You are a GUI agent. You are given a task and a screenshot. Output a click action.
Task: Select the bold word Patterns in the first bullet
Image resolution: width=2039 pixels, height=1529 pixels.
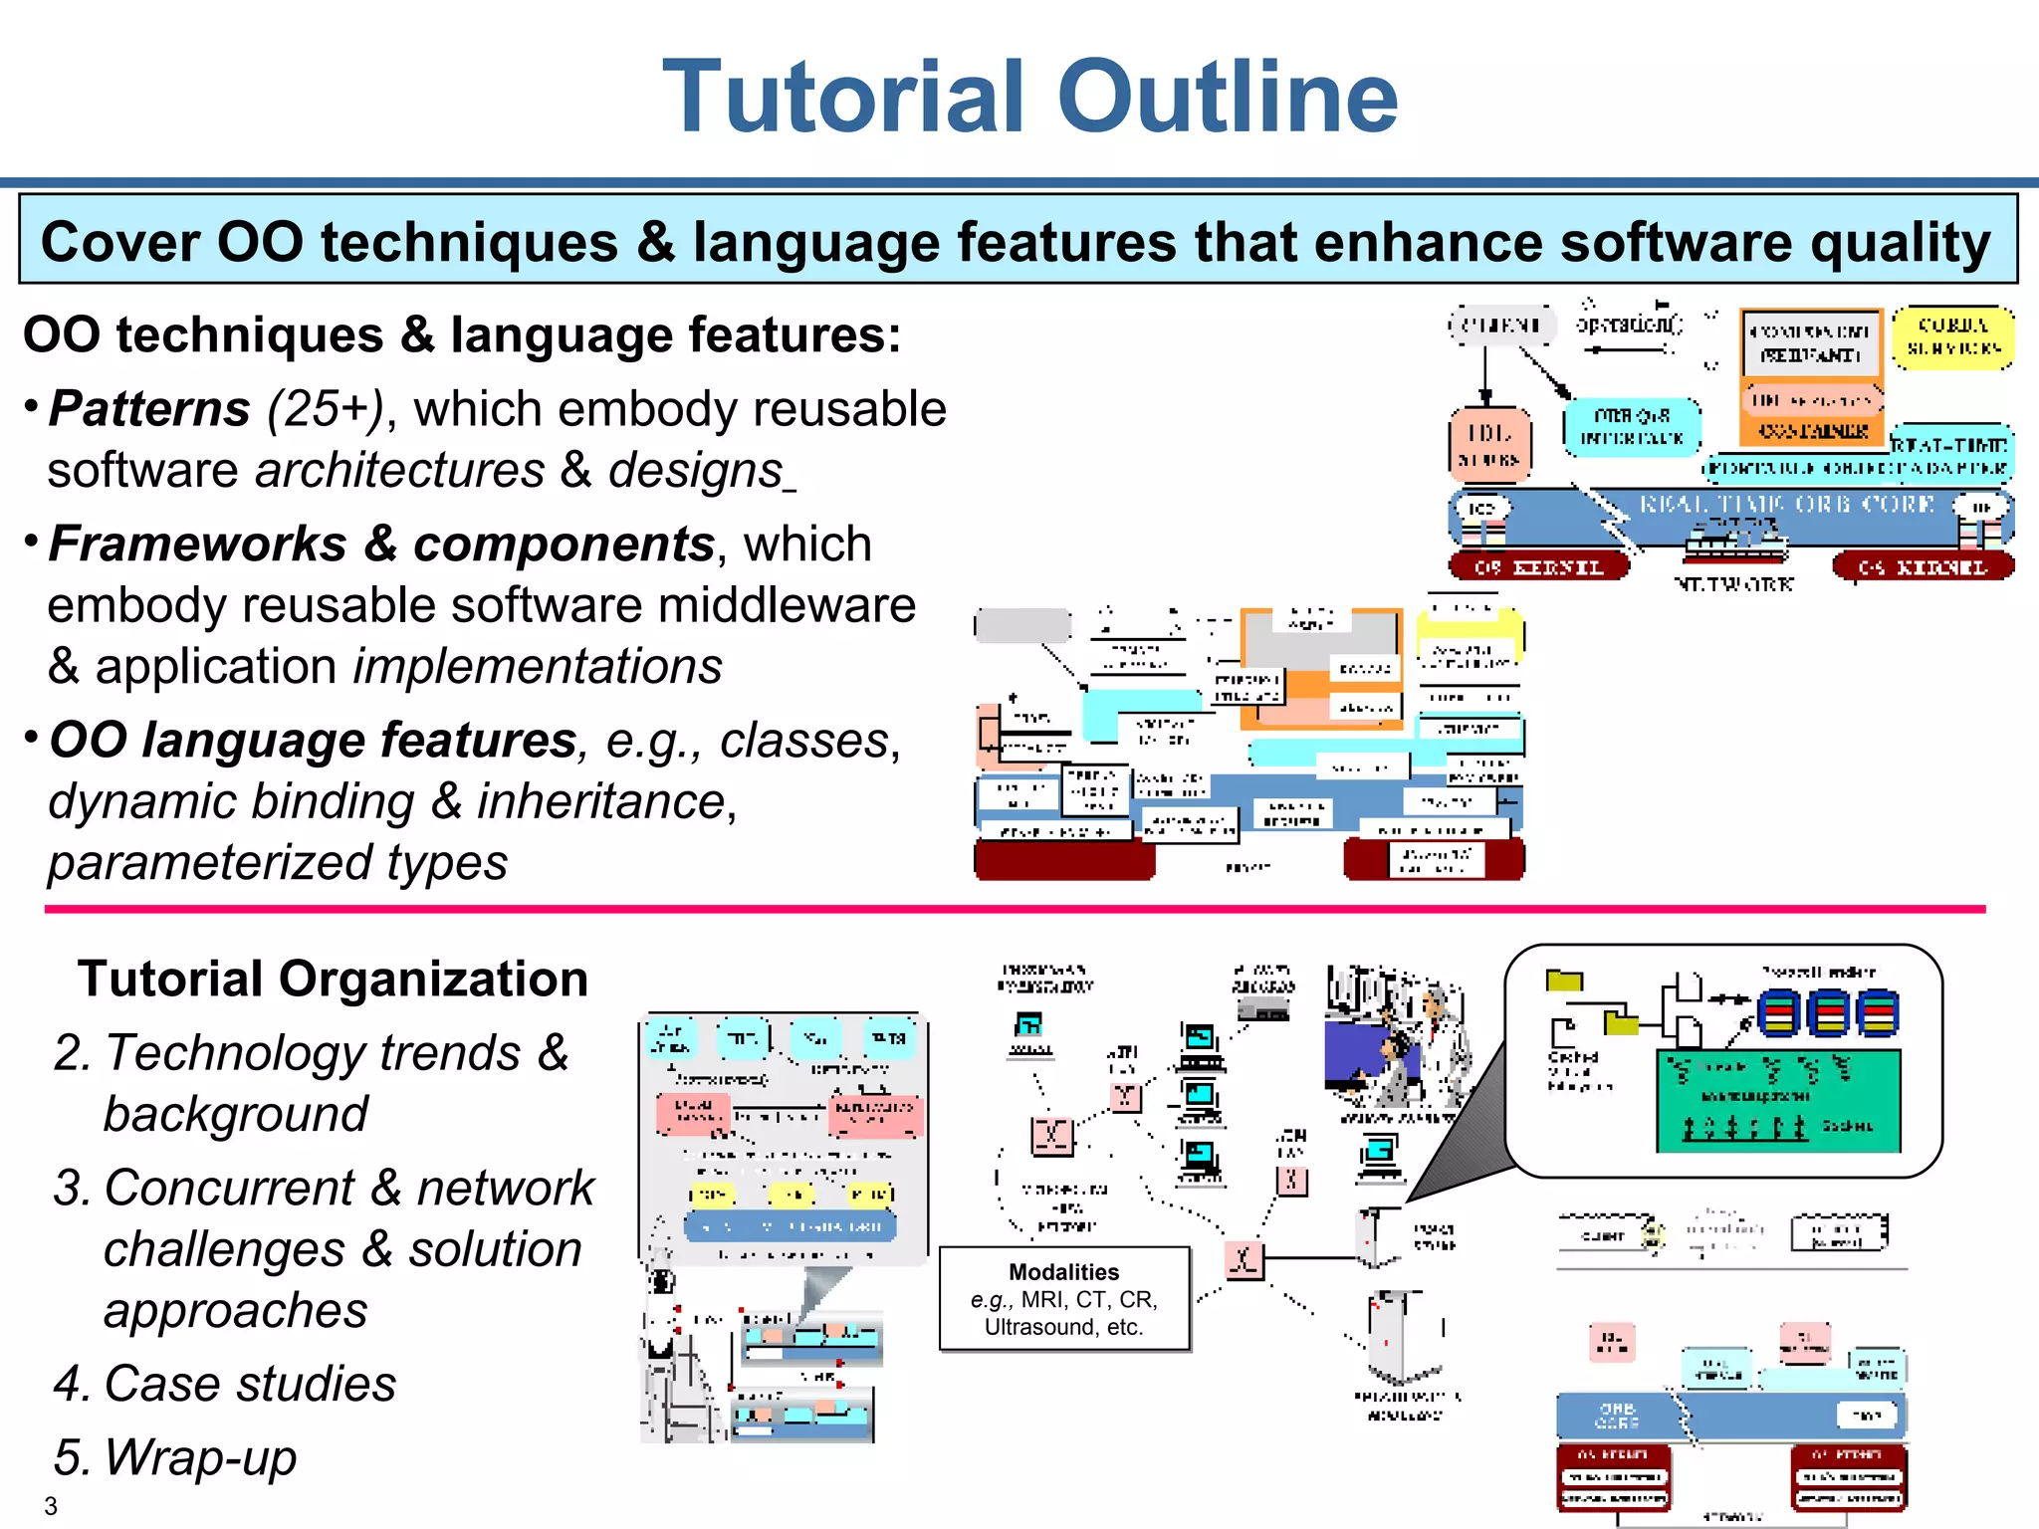click(149, 409)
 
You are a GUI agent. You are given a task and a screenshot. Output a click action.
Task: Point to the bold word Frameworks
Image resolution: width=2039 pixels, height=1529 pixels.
click(197, 545)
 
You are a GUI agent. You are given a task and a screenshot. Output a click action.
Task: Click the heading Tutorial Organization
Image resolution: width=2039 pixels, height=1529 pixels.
click(333, 979)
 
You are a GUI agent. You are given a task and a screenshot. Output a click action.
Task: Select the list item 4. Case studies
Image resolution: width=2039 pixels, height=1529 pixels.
click(225, 1384)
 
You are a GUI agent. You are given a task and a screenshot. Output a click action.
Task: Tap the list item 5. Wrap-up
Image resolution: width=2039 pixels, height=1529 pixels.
click(175, 1457)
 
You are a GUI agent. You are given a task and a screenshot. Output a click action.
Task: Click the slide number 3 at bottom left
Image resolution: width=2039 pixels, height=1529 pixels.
click(51, 1506)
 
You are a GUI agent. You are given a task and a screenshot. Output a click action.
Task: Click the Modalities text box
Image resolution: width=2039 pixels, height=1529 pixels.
click(1064, 1299)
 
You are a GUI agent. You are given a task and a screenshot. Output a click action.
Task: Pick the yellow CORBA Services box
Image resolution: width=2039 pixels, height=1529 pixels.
click(1952, 337)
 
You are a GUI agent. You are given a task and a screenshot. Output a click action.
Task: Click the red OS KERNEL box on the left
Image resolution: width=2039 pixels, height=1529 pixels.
click(1538, 567)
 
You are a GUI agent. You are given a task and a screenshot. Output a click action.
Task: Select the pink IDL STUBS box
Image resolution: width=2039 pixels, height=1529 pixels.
click(1488, 444)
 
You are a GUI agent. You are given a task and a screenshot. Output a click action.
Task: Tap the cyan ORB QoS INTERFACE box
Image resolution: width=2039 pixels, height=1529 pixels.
click(1631, 427)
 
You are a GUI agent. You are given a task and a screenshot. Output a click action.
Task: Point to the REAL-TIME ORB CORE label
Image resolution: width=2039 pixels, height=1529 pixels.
click(1787, 505)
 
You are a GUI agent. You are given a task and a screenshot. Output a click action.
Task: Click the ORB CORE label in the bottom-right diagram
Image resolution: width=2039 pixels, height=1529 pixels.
click(1618, 1415)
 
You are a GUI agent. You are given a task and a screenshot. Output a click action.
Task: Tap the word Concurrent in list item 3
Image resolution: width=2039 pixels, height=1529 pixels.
click(229, 1189)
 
